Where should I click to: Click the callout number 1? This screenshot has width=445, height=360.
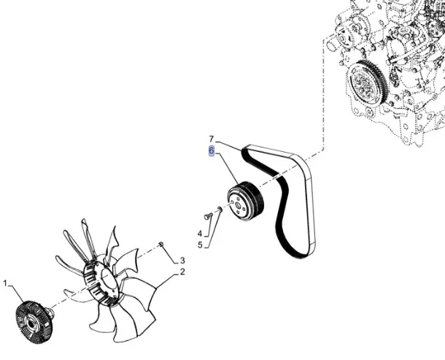5,283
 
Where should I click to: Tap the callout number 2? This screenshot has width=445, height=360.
182,272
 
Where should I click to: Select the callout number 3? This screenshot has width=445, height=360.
182,260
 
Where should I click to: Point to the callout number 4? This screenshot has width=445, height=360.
200,234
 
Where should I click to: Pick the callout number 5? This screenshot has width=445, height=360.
200,245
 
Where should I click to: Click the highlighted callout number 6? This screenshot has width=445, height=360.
212,151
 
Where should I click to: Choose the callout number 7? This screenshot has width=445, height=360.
211,139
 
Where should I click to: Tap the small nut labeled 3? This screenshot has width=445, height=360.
161,244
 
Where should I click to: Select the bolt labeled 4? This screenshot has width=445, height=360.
209,216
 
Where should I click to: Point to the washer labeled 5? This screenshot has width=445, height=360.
220,210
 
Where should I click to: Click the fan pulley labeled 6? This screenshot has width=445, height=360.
246,201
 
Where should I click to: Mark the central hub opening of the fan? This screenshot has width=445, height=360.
107,282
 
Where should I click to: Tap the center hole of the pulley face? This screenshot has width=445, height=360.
237,205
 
